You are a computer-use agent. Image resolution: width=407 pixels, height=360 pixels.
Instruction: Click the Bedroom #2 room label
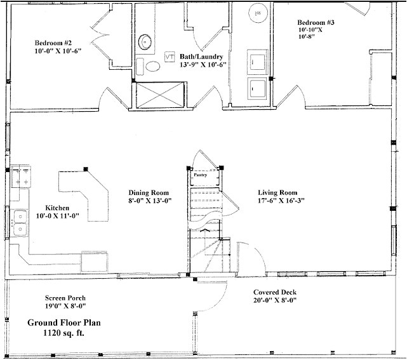click(x=53, y=43)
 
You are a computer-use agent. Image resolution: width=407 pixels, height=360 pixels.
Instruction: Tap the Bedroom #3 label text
click(x=316, y=22)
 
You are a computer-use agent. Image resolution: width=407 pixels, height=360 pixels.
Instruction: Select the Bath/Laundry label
click(x=201, y=57)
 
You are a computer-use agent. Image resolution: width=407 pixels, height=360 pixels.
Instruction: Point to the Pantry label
click(x=201, y=175)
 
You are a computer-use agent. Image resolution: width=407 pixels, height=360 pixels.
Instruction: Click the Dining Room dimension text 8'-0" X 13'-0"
click(x=150, y=201)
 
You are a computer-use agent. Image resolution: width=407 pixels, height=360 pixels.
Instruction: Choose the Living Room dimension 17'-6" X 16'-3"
click(x=281, y=201)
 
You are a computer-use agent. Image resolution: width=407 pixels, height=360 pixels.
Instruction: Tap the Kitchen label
click(x=57, y=208)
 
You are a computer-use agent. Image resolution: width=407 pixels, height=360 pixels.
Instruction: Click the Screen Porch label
click(x=65, y=298)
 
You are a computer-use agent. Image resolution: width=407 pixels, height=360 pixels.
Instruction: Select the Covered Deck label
click(x=275, y=292)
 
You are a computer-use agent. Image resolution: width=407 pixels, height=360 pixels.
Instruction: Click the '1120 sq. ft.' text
click(x=64, y=333)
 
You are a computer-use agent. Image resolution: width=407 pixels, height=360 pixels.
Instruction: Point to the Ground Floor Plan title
click(x=64, y=323)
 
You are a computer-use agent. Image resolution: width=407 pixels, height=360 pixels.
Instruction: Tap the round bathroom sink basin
click(x=145, y=42)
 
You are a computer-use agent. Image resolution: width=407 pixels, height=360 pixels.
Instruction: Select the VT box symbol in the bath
click(x=170, y=57)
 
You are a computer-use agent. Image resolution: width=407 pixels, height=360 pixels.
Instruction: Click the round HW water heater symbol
click(x=258, y=13)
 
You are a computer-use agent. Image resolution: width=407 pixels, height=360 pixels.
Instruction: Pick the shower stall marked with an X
click(x=160, y=95)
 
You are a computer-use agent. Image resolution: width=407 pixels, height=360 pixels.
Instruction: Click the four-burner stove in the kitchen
click(x=21, y=177)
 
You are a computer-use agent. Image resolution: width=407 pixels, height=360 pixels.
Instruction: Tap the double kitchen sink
click(x=20, y=223)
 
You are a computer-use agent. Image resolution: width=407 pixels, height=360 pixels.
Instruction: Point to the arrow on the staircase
click(x=205, y=230)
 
